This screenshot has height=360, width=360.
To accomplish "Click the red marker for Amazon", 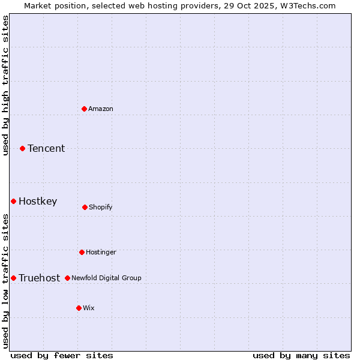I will click(x=84, y=109).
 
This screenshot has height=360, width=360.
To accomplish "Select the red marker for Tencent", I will click(x=22, y=148).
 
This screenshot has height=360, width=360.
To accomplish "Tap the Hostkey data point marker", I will click(x=13, y=201).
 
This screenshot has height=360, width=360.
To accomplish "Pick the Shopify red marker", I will click(x=85, y=207).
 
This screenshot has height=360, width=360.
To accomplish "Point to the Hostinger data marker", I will click(x=82, y=252).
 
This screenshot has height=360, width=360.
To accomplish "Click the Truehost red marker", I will click(x=13, y=278).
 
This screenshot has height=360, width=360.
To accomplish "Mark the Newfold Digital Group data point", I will click(x=67, y=278).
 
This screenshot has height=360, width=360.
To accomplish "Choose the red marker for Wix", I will click(x=79, y=308).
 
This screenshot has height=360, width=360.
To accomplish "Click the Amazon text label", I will click(x=101, y=109).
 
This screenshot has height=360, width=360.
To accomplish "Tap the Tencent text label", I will click(x=46, y=148).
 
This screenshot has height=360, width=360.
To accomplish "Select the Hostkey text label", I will click(x=38, y=201).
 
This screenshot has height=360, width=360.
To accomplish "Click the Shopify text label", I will click(x=101, y=207).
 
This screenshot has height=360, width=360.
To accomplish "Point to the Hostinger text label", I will click(x=101, y=252).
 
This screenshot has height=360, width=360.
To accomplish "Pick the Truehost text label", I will click(x=40, y=278).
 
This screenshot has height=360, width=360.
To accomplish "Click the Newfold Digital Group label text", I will click(x=106, y=278).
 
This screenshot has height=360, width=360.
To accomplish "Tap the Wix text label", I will click(x=89, y=308).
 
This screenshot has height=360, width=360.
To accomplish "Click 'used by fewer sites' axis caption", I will click(x=62, y=355).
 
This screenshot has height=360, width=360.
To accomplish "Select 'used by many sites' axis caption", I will click(x=301, y=355).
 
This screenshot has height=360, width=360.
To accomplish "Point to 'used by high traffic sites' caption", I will click(x=5, y=85).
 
